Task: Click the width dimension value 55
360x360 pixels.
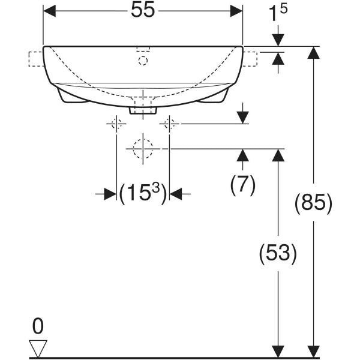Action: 143,10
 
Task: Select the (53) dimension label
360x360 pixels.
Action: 278,253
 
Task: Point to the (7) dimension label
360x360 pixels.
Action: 242,185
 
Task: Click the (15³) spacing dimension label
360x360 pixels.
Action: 143,194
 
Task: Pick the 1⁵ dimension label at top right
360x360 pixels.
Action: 278,13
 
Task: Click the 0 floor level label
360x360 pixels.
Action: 38,326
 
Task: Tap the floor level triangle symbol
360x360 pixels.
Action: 38,348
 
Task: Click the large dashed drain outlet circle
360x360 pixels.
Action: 143,149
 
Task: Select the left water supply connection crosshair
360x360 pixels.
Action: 116,124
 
